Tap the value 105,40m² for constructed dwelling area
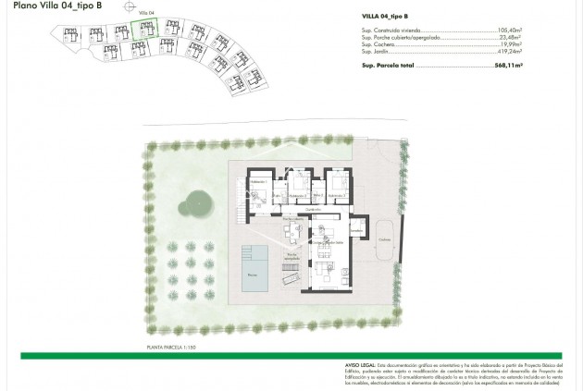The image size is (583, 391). pos(510,31)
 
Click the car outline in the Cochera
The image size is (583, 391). pos(382,238)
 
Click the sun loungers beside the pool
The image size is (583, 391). pos(290,275)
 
